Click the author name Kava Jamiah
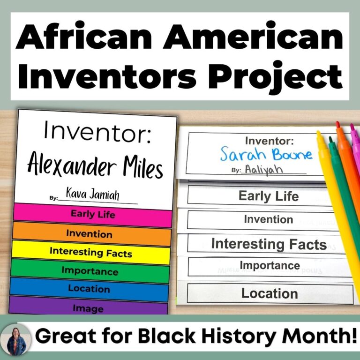[92, 195]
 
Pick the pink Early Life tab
[93, 214]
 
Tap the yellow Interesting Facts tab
[90, 252]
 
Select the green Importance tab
[90, 271]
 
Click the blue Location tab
[89, 289]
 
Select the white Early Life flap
[268, 195]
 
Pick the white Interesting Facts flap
[269, 244]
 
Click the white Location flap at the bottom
[270, 293]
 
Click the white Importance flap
[270, 266]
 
